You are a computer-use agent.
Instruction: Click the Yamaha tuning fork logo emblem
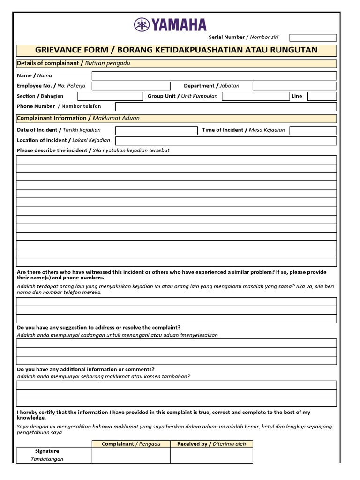pos(142,24)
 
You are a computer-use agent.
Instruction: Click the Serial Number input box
pos(313,37)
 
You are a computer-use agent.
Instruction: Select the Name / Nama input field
pos(214,75)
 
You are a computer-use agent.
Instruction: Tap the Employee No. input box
pos(131,86)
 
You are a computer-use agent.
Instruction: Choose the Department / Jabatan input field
pos(294,86)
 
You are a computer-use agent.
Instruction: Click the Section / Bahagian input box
pos(110,96)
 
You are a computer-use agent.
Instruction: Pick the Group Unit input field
pos(256,96)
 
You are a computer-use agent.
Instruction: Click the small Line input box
pos(322,96)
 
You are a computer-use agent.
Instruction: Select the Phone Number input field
pos(225,106)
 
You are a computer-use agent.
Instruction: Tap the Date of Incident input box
pos(156,130)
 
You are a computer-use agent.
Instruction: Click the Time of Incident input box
pos(313,130)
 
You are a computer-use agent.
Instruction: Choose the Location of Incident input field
pos(225,141)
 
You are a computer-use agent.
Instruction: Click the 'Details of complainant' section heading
pos(49,63)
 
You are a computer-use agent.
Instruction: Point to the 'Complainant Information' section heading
pos(52,118)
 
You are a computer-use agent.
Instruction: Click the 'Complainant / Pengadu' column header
pos(131,444)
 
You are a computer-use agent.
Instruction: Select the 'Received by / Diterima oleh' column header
pos(211,444)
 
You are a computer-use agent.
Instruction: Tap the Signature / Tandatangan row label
pos(47,455)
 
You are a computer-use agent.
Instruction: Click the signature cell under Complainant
pos(131,456)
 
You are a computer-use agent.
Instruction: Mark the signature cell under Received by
pos(211,456)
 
